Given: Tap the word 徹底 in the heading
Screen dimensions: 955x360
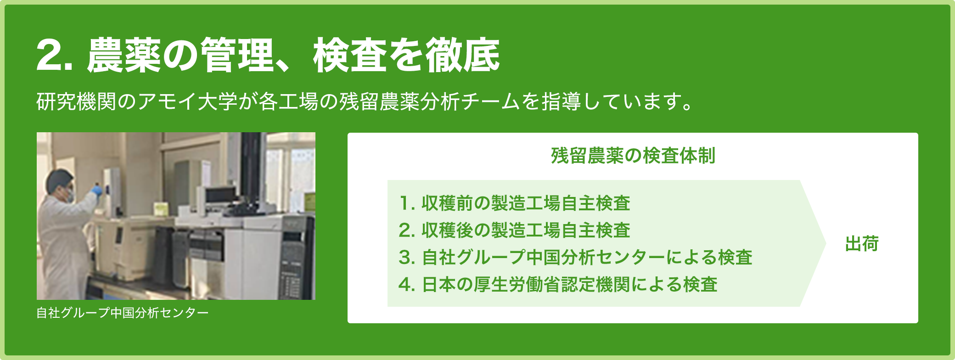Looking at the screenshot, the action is point(462,55).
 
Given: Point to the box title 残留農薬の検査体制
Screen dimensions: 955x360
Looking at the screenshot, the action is point(633,156).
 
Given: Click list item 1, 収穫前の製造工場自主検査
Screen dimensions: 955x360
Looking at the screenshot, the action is point(515,203).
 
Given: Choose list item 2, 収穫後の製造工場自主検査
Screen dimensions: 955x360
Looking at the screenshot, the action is point(515,230).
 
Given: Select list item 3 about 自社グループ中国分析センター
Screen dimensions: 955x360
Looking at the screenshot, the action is point(575,257).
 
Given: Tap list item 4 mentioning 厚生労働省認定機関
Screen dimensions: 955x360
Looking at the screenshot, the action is point(558,284).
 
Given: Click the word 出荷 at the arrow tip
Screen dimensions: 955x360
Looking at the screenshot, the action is point(862,244).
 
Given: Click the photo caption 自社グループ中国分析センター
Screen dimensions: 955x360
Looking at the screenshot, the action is point(123,313).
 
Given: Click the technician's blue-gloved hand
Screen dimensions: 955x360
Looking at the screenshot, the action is point(97,190).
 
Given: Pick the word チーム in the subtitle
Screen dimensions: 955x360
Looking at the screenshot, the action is point(490,101).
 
